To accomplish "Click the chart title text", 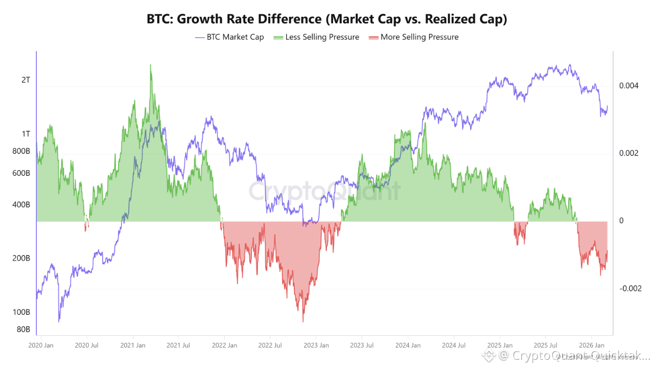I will tap(326, 19).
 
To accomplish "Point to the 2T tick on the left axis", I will tap(25, 80).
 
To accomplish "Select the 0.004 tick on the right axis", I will tap(628, 85).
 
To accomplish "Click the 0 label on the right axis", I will tap(621, 221).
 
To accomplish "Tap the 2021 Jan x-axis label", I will tap(133, 346).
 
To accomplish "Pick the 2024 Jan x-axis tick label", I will tap(408, 346).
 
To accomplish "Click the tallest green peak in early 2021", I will tap(151, 65).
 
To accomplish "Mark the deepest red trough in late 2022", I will tap(303, 321).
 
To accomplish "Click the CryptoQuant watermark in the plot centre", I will tap(325, 192).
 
